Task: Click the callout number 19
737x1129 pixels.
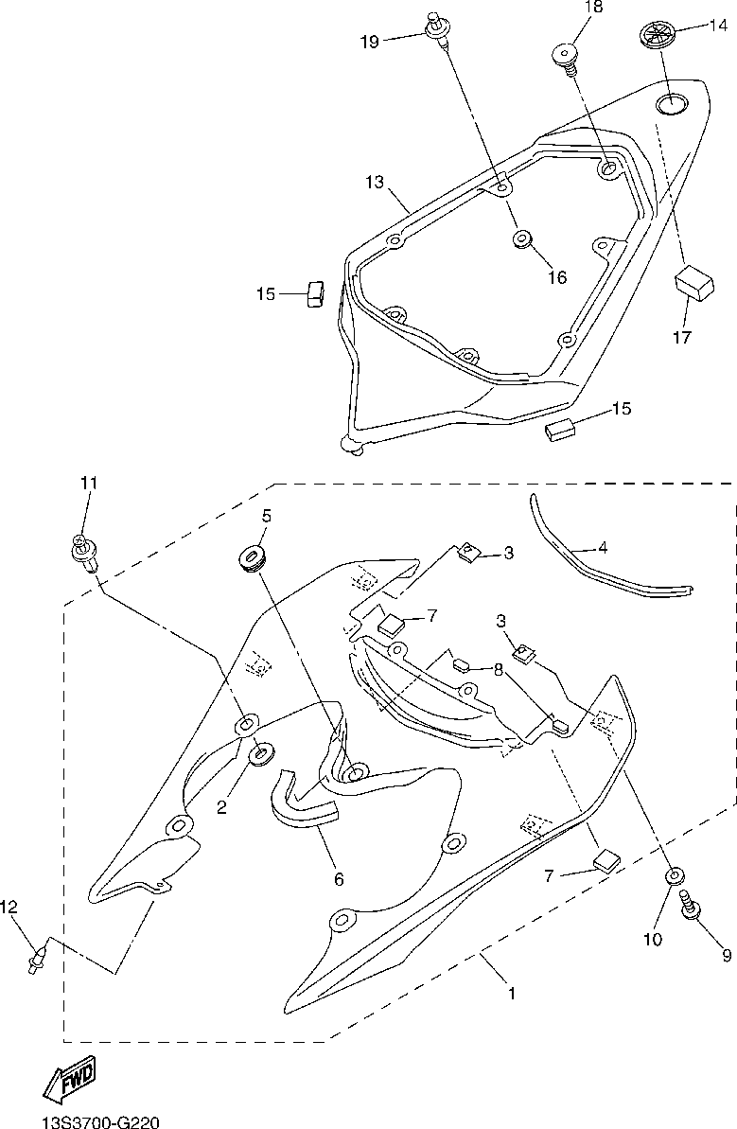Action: [370, 42]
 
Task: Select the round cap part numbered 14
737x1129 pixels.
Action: [655, 35]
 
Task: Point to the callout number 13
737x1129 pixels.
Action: [376, 181]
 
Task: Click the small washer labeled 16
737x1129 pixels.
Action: [521, 239]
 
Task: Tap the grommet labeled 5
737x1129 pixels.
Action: [252, 556]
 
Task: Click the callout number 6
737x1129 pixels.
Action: [339, 877]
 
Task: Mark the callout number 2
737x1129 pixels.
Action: [221, 807]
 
